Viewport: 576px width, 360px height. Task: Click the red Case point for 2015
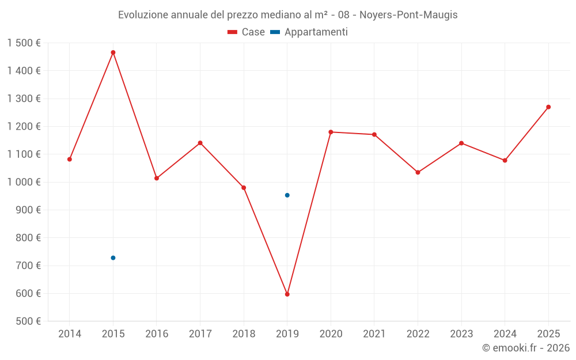pyautogui.click(x=113, y=52)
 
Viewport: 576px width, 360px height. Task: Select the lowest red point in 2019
pyautogui.click(x=287, y=294)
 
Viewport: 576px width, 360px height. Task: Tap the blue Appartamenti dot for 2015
pyautogui.click(x=113, y=257)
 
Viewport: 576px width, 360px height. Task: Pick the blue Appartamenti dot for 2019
pyautogui.click(x=287, y=195)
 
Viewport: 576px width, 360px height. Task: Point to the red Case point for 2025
pyautogui.click(x=548, y=107)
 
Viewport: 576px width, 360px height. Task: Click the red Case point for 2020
pyautogui.click(x=331, y=132)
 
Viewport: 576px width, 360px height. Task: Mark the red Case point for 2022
pyautogui.click(x=418, y=172)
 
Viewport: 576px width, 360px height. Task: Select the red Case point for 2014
pyautogui.click(x=70, y=159)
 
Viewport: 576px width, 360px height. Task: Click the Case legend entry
pyautogui.click(x=247, y=32)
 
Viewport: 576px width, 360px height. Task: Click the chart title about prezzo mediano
pyautogui.click(x=287, y=15)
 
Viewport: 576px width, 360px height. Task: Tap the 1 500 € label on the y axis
pyautogui.click(x=24, y=43)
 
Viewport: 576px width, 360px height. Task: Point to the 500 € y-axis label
pyautogui.click(x=28, y=321)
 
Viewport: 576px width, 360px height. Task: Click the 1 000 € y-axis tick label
pyautogui.click(x=24, y=182)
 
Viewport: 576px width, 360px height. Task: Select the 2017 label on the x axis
pyautogui.click(x=200, y=334)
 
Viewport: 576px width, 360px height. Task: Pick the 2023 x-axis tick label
pyautogui.click(x=461, y=334)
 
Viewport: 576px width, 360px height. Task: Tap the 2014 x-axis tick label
pyautogui.click(x=70, y=334)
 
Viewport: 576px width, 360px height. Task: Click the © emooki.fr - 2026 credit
pyautogui.click(x=525, y=348)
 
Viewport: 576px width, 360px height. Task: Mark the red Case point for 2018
pyautogui.click(x=244, y=188)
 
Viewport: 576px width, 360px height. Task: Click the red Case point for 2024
pyautogui.click(x=505, y=160)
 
